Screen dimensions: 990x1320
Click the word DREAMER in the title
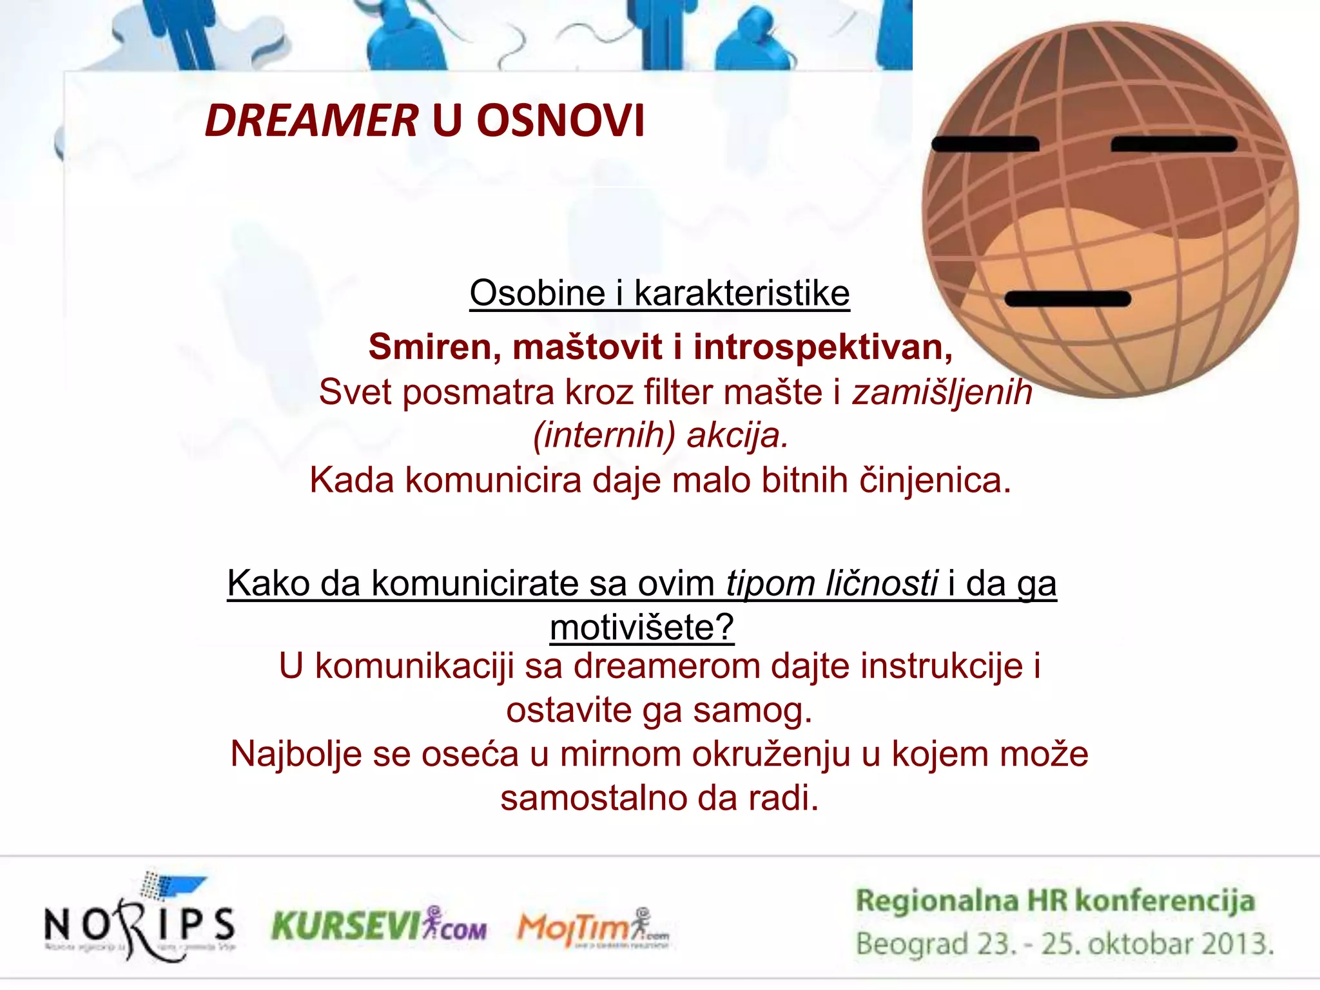click(x=311, y=121)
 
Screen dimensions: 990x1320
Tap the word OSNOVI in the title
click(x=560, y=121)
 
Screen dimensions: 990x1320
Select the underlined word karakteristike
click(x=742, y=293)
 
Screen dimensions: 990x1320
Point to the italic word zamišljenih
click(x=942, y=392)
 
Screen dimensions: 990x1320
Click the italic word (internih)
click(x=603, y=436)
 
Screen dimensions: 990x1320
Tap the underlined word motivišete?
click(x=642, y=626)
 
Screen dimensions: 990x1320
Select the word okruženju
click(x=772, y=754)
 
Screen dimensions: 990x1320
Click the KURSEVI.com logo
click(x=379, y=926)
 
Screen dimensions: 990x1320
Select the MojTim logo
click(x=593, y=928)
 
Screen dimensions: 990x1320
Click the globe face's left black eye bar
click(x=985, y=144)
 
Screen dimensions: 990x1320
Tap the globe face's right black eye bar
click(x=1174, y=144)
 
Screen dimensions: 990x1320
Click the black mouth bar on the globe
click(x=1067, y=298)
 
